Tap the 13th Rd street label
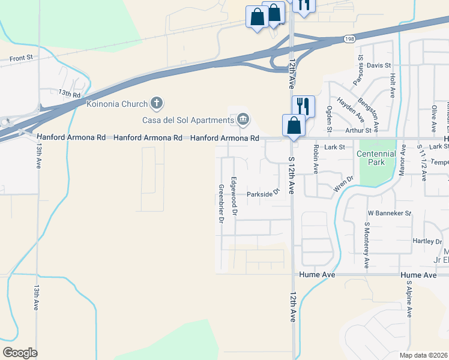[x=69, y=94]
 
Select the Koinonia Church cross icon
[x=156, y=103]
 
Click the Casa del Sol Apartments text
[x=187, y=120]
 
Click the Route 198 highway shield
[x=350, y=39]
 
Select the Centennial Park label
[x=376, y=158]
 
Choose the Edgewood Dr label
[x=235, y=196]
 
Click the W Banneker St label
[x=389, y=213]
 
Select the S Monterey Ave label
[x=366, y=245]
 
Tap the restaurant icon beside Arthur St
[x=303, y=106]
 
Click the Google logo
[x=20, y=353]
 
